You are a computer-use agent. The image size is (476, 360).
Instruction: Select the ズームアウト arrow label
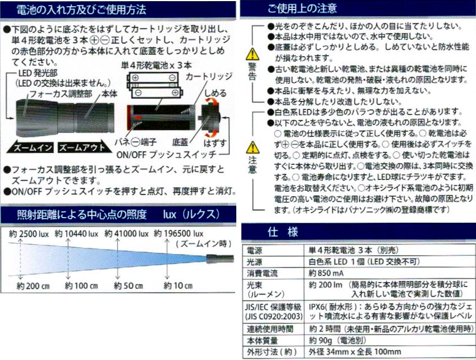point(82,147)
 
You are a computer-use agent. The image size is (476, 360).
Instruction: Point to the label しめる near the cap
point(216,93)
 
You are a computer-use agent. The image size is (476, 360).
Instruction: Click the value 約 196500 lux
point(178,233)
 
